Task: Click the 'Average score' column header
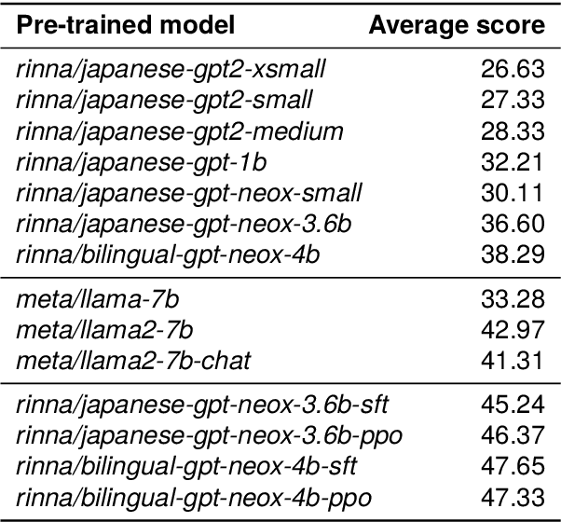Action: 456,26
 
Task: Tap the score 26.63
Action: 511,68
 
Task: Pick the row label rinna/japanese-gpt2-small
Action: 164,100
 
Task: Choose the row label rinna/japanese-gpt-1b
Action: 142,163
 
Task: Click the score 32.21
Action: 511,163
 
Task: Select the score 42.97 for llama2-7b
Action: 511,331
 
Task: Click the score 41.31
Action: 511,363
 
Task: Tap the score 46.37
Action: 511,436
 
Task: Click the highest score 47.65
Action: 511,467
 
